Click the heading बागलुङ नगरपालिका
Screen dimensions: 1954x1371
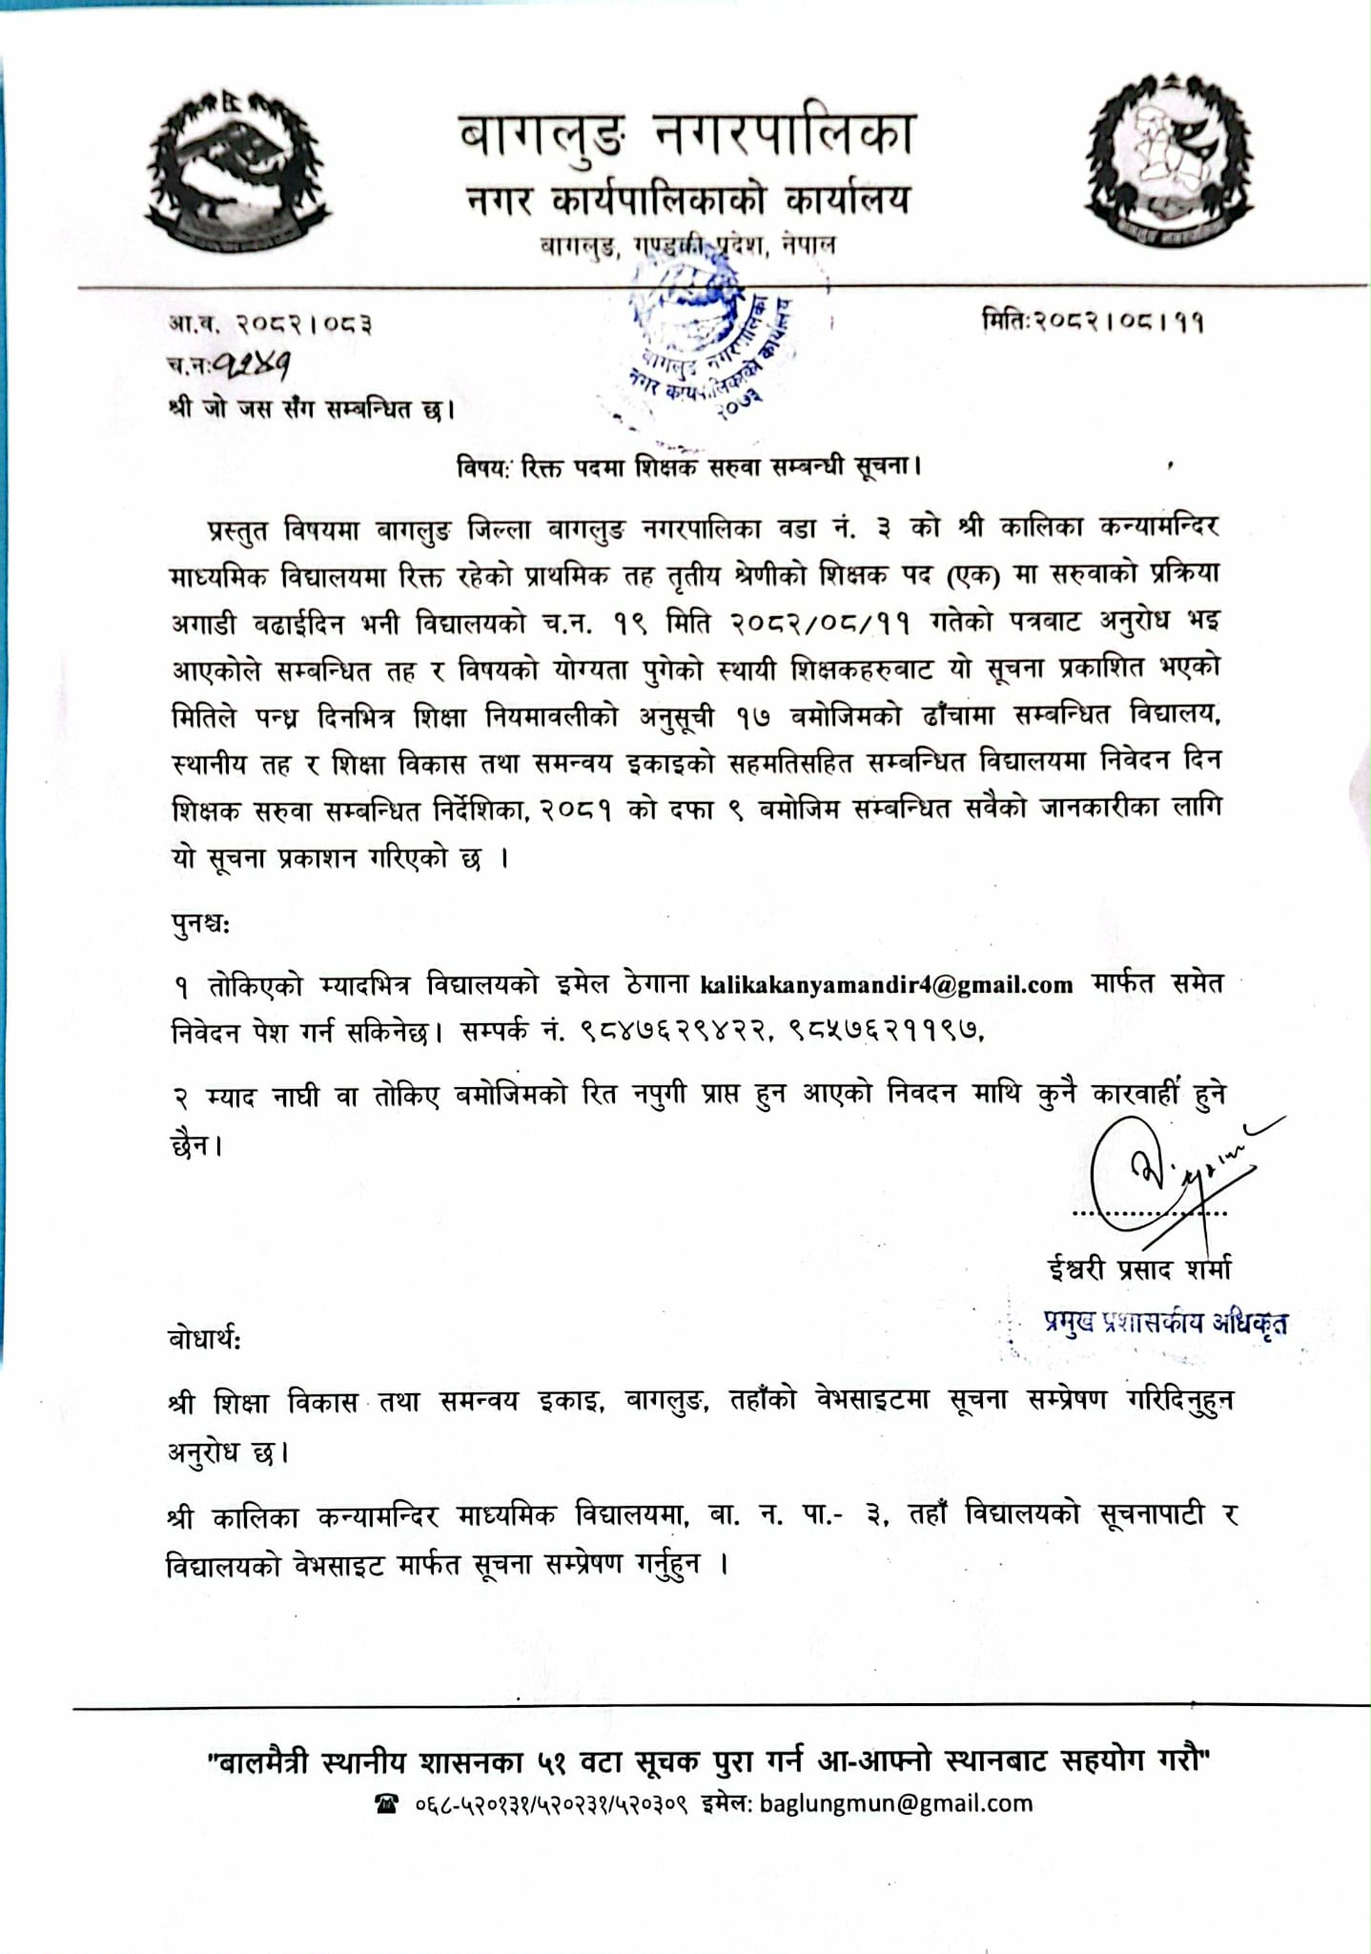[x=686, y=134]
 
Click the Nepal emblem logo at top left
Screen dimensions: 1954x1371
[x=234, y=172]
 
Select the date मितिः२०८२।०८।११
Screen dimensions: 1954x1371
[x=1092, y=321]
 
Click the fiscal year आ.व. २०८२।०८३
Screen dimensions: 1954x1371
[x=271, y=324]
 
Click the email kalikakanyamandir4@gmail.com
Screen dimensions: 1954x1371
[x=887, y=985]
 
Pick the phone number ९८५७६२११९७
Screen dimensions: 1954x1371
[x=887, y=1031]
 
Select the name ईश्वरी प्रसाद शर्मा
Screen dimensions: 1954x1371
[x=1139, y=1269]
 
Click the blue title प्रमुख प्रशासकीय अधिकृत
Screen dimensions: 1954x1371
[x=1165, y=1323]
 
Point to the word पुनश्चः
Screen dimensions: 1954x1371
[x=200, y=923]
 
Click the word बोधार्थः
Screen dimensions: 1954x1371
[x=204, y=1339]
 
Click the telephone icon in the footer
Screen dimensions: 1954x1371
[x=386, y=1804]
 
